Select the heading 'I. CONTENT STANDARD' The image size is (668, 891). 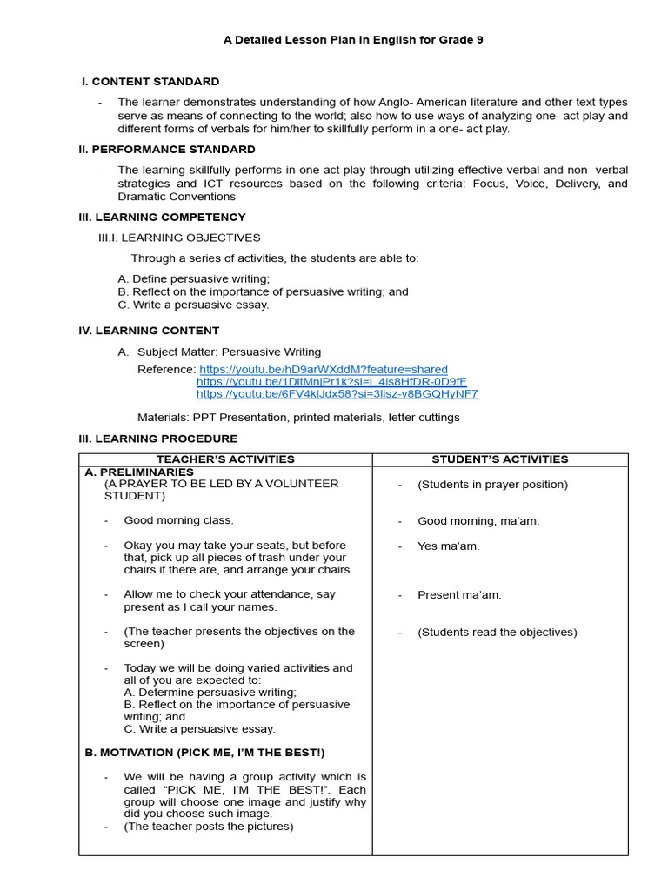point(150,82)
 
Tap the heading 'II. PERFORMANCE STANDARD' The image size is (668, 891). point(167,150)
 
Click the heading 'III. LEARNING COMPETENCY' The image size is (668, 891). point(162,218)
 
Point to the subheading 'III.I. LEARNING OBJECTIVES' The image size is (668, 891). point(179,238)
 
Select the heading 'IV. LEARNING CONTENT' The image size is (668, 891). point(149,331)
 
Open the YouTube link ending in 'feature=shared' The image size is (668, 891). point(324,370)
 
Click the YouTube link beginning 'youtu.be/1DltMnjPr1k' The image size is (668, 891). point(331,382)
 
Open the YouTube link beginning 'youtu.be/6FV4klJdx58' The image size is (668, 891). point(337,394)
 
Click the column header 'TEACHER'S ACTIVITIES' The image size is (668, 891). point(225,459)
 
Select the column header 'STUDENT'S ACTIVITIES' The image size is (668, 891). point(500,459)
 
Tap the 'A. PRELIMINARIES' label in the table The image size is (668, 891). point(139,472)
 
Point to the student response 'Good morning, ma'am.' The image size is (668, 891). point(478,521)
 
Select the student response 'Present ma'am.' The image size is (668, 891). point(459,595)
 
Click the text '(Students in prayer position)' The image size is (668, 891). point(492,485)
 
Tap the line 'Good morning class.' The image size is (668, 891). point(178,520)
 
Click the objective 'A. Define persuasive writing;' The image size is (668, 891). point(194,278)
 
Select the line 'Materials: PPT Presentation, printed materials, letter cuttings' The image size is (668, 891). point(298,418)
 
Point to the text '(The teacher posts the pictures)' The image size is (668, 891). point(209,827)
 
